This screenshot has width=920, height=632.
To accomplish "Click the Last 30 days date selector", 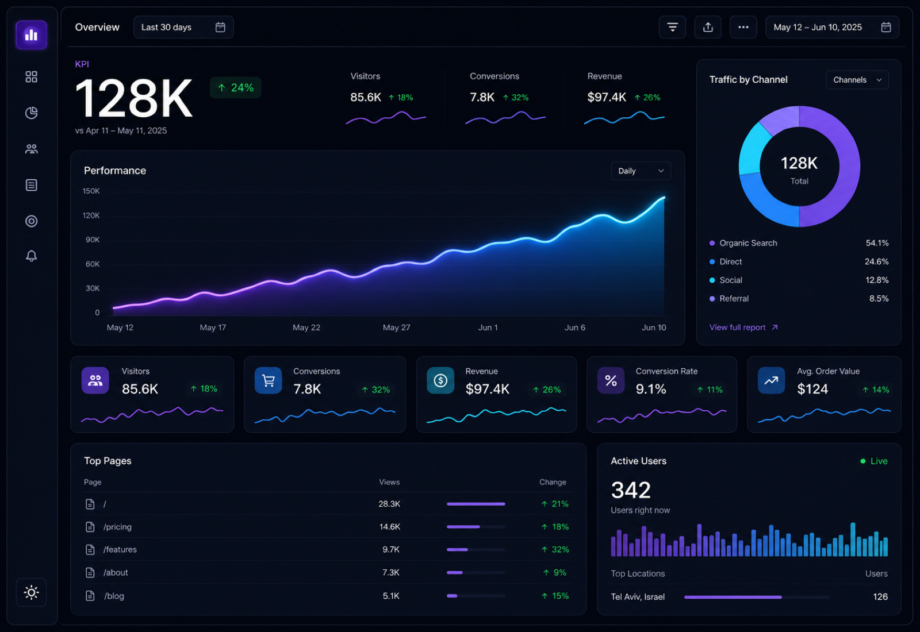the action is (183, 27).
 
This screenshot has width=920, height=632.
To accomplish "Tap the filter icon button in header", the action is (672, 27).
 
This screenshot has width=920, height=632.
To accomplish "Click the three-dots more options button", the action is (743, 27).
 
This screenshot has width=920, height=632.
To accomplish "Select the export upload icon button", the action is (708, 27).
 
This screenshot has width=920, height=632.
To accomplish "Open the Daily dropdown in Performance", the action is (641, 171).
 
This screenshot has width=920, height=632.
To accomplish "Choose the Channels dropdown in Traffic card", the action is (857, 80).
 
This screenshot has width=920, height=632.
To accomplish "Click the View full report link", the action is (743, 327).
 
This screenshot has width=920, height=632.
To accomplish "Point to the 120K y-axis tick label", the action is (91, 215).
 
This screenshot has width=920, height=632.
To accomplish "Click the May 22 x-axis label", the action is (306, 327).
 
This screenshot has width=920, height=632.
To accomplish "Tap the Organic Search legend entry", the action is (748, 243).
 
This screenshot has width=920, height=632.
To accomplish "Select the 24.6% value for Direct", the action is (876, 261).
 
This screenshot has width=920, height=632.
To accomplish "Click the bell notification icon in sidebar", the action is (31, 256).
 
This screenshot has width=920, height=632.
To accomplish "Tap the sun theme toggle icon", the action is (31, 592).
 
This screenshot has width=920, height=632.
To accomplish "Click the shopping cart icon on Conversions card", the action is (268, 380).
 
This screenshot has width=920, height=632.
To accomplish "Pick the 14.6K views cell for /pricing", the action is (389, 526).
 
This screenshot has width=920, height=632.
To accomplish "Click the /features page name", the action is (120, 549).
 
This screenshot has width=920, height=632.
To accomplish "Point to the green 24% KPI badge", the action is (235, 87).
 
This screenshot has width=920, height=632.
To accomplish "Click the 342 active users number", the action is (630, 490).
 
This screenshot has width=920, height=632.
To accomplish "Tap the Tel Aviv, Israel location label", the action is (638, 597).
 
